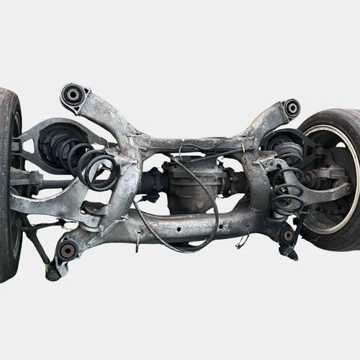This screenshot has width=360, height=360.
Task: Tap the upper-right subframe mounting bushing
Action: click(x=292, y=109)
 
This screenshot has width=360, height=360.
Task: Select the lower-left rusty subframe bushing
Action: click(x=68, y=250)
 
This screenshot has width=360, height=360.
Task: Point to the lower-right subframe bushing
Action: click(x=288, y=235)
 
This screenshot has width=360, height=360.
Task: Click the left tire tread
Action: click(x=9, y=180)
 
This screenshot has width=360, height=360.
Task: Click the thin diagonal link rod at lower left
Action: click(x=37, y=245)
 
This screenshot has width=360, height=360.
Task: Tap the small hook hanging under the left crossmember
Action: click(x=137, y=243)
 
